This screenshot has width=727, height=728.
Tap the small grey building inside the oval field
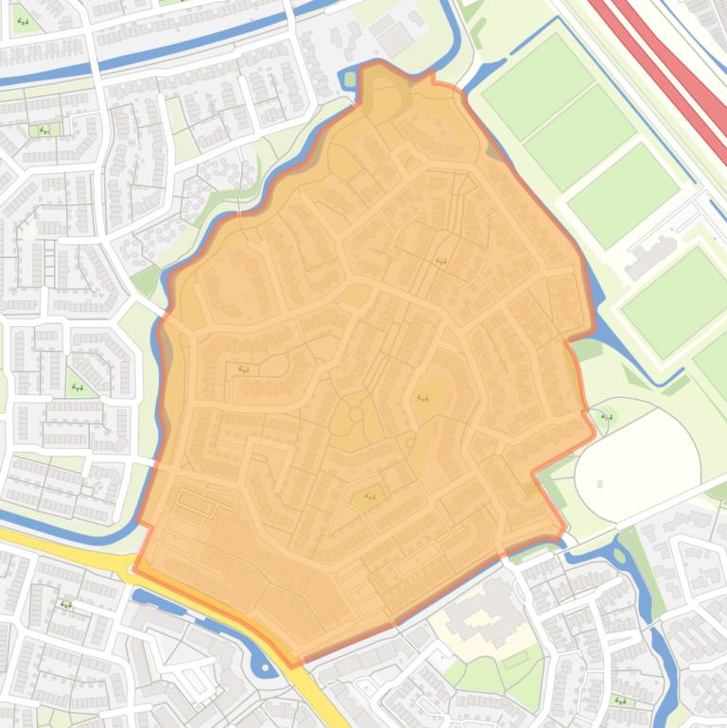click(600, 484)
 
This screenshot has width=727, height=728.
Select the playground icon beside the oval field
click(607, 416)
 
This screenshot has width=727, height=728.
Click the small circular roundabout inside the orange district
click(355, 415)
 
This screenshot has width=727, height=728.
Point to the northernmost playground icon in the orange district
click(441, 261)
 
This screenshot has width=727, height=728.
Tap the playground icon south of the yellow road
click(65, 604)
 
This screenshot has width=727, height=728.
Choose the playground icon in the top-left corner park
click(22, 21)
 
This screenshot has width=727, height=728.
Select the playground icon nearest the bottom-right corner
click(620, 701)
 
